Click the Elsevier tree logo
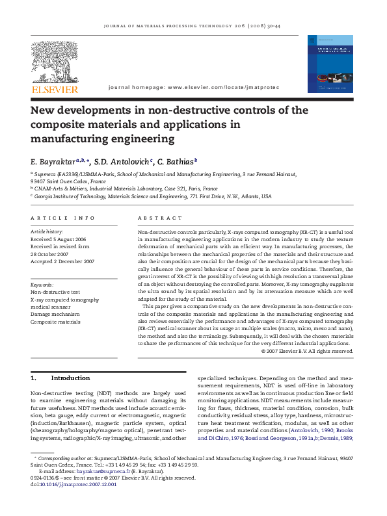(x=55, y=62)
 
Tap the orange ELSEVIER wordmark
(x=55, y=89)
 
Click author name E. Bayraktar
(x=53, y=161)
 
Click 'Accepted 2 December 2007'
(x=62, y=261)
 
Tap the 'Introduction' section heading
(x=70, y=378)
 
